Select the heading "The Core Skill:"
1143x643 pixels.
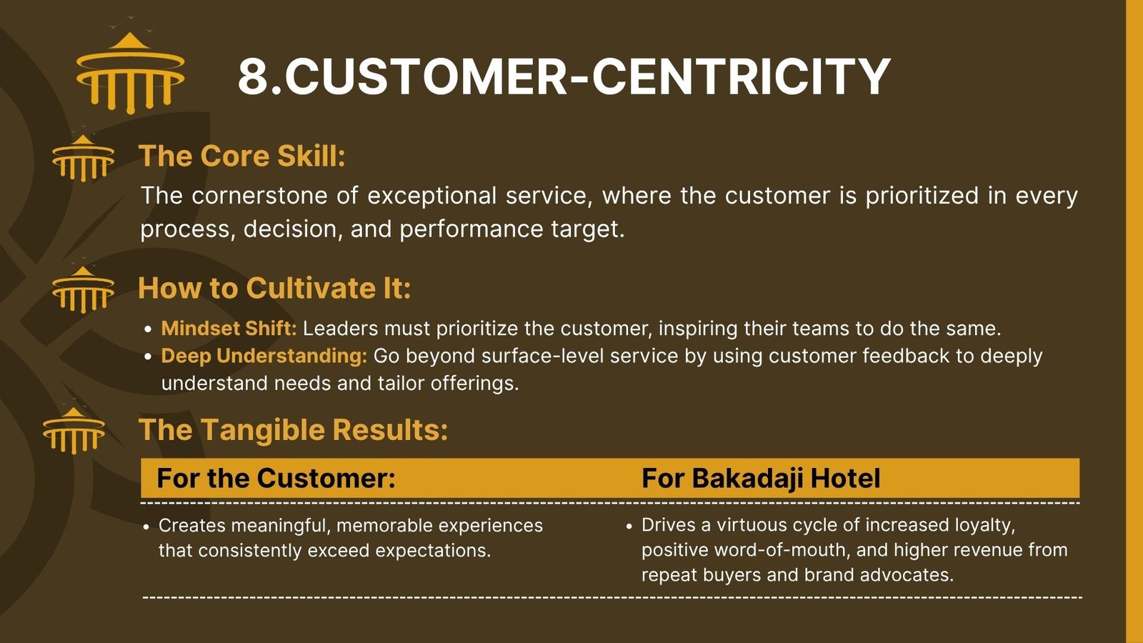[242, 156]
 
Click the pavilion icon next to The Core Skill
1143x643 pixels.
[83, 158]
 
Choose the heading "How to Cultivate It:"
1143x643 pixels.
[274, 288]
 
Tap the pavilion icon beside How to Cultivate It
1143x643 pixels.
[83, 289]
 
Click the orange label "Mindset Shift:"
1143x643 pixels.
[229, 329]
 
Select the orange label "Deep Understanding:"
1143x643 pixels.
[264, 357]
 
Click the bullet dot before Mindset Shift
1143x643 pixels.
[148, 329]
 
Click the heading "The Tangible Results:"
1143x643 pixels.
[294, 429]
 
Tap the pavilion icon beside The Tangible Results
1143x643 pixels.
[74, 430]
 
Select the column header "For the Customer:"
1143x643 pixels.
[276, 478]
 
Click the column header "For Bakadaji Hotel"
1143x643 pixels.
[761, 478]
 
